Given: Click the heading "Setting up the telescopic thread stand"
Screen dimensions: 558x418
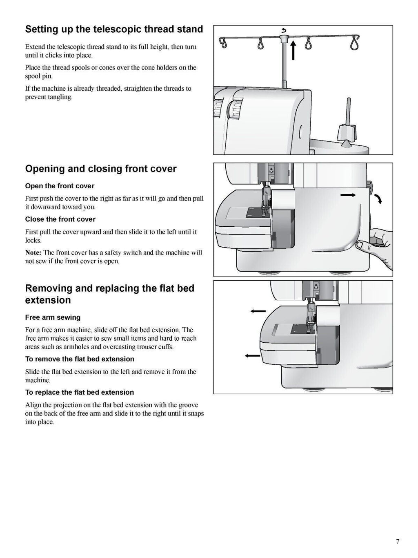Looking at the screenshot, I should click(x=114, y=29).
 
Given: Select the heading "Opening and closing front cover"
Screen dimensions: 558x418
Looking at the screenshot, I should click(x=101, y=169).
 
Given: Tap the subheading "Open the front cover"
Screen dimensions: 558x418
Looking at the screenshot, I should click(x=60, y=186).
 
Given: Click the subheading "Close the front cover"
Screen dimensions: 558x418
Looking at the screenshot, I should click(x=60, y=219).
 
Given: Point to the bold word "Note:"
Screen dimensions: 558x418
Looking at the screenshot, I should click(x=33, y=253).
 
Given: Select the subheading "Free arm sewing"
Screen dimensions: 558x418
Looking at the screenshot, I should click(x=53, y=318).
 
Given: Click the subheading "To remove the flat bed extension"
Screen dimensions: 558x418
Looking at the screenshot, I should click(x=80, y=359).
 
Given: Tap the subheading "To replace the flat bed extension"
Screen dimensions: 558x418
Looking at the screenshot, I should click(x=80, y=393).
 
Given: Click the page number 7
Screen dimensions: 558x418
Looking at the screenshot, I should click(x=398, y=542).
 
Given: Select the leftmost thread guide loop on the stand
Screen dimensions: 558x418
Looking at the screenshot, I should click(x=222, y=42).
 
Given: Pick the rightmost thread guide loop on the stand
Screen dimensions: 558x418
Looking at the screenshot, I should click(x=355, y=42).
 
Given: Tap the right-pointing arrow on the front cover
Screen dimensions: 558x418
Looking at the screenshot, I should click(x=348, y=196).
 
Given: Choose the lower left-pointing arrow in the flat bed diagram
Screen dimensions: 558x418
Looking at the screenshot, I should click(x=252, y=356).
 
